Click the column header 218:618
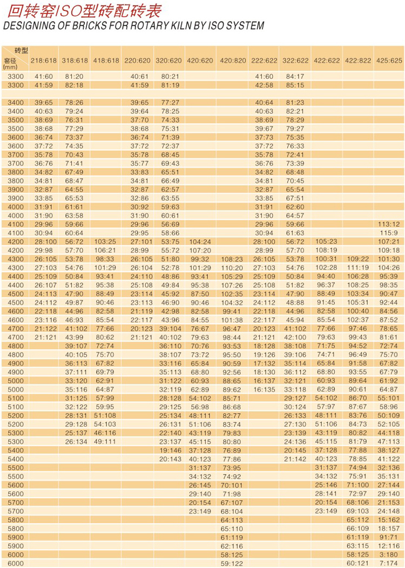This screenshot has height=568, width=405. click(43, 60)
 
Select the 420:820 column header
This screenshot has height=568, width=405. click(233, 60)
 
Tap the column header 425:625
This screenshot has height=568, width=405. click(389, 60)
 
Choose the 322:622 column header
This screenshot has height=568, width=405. click(295, 60)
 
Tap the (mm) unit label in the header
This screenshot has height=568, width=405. click(10, 67)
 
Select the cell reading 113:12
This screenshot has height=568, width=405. click(389, 224)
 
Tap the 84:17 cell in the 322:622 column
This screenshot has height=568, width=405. click(295, 76)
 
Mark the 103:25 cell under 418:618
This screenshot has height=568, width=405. click(106, 241)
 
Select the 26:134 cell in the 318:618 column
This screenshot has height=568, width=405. click(75, 441)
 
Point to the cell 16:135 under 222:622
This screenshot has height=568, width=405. click(264, 389)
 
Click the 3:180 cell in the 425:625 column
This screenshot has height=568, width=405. click(389, 555)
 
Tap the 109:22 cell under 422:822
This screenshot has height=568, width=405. click(357, 259)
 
